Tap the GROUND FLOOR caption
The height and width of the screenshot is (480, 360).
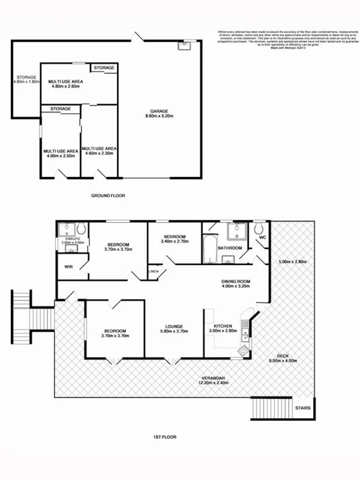108,196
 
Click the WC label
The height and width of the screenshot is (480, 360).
263,238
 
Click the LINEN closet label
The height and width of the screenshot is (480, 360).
153,272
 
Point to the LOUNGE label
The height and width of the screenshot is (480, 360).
173,326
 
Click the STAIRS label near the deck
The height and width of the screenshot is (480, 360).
302,409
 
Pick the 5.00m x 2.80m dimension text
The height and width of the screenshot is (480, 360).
292,262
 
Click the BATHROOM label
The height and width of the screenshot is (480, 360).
230,248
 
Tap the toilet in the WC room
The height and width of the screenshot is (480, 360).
259,229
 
